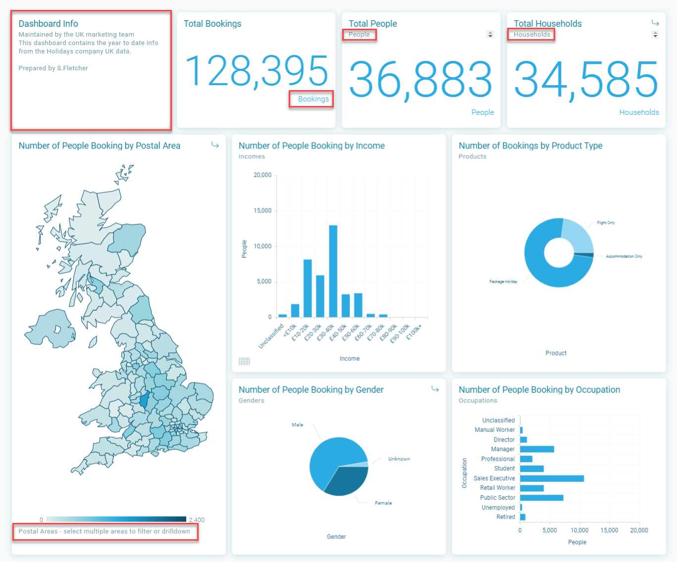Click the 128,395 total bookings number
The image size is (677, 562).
257,71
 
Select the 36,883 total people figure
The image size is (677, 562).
420,80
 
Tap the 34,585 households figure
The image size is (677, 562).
586,80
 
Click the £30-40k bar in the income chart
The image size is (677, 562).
333,271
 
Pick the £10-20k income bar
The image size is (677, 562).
308,288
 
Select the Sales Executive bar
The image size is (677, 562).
552,478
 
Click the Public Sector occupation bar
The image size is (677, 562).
541,498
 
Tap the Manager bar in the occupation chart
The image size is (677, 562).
537,449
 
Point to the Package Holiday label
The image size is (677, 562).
503,281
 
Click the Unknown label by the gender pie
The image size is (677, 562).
399,459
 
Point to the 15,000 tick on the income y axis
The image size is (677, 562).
262,210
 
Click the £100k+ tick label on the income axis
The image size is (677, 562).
414,332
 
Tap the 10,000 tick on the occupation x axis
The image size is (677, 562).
579,530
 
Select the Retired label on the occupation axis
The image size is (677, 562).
506,517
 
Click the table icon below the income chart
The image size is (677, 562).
244,361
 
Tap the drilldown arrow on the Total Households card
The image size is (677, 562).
655,23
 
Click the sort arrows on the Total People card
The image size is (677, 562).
490,34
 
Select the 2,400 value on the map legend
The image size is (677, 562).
197,520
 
